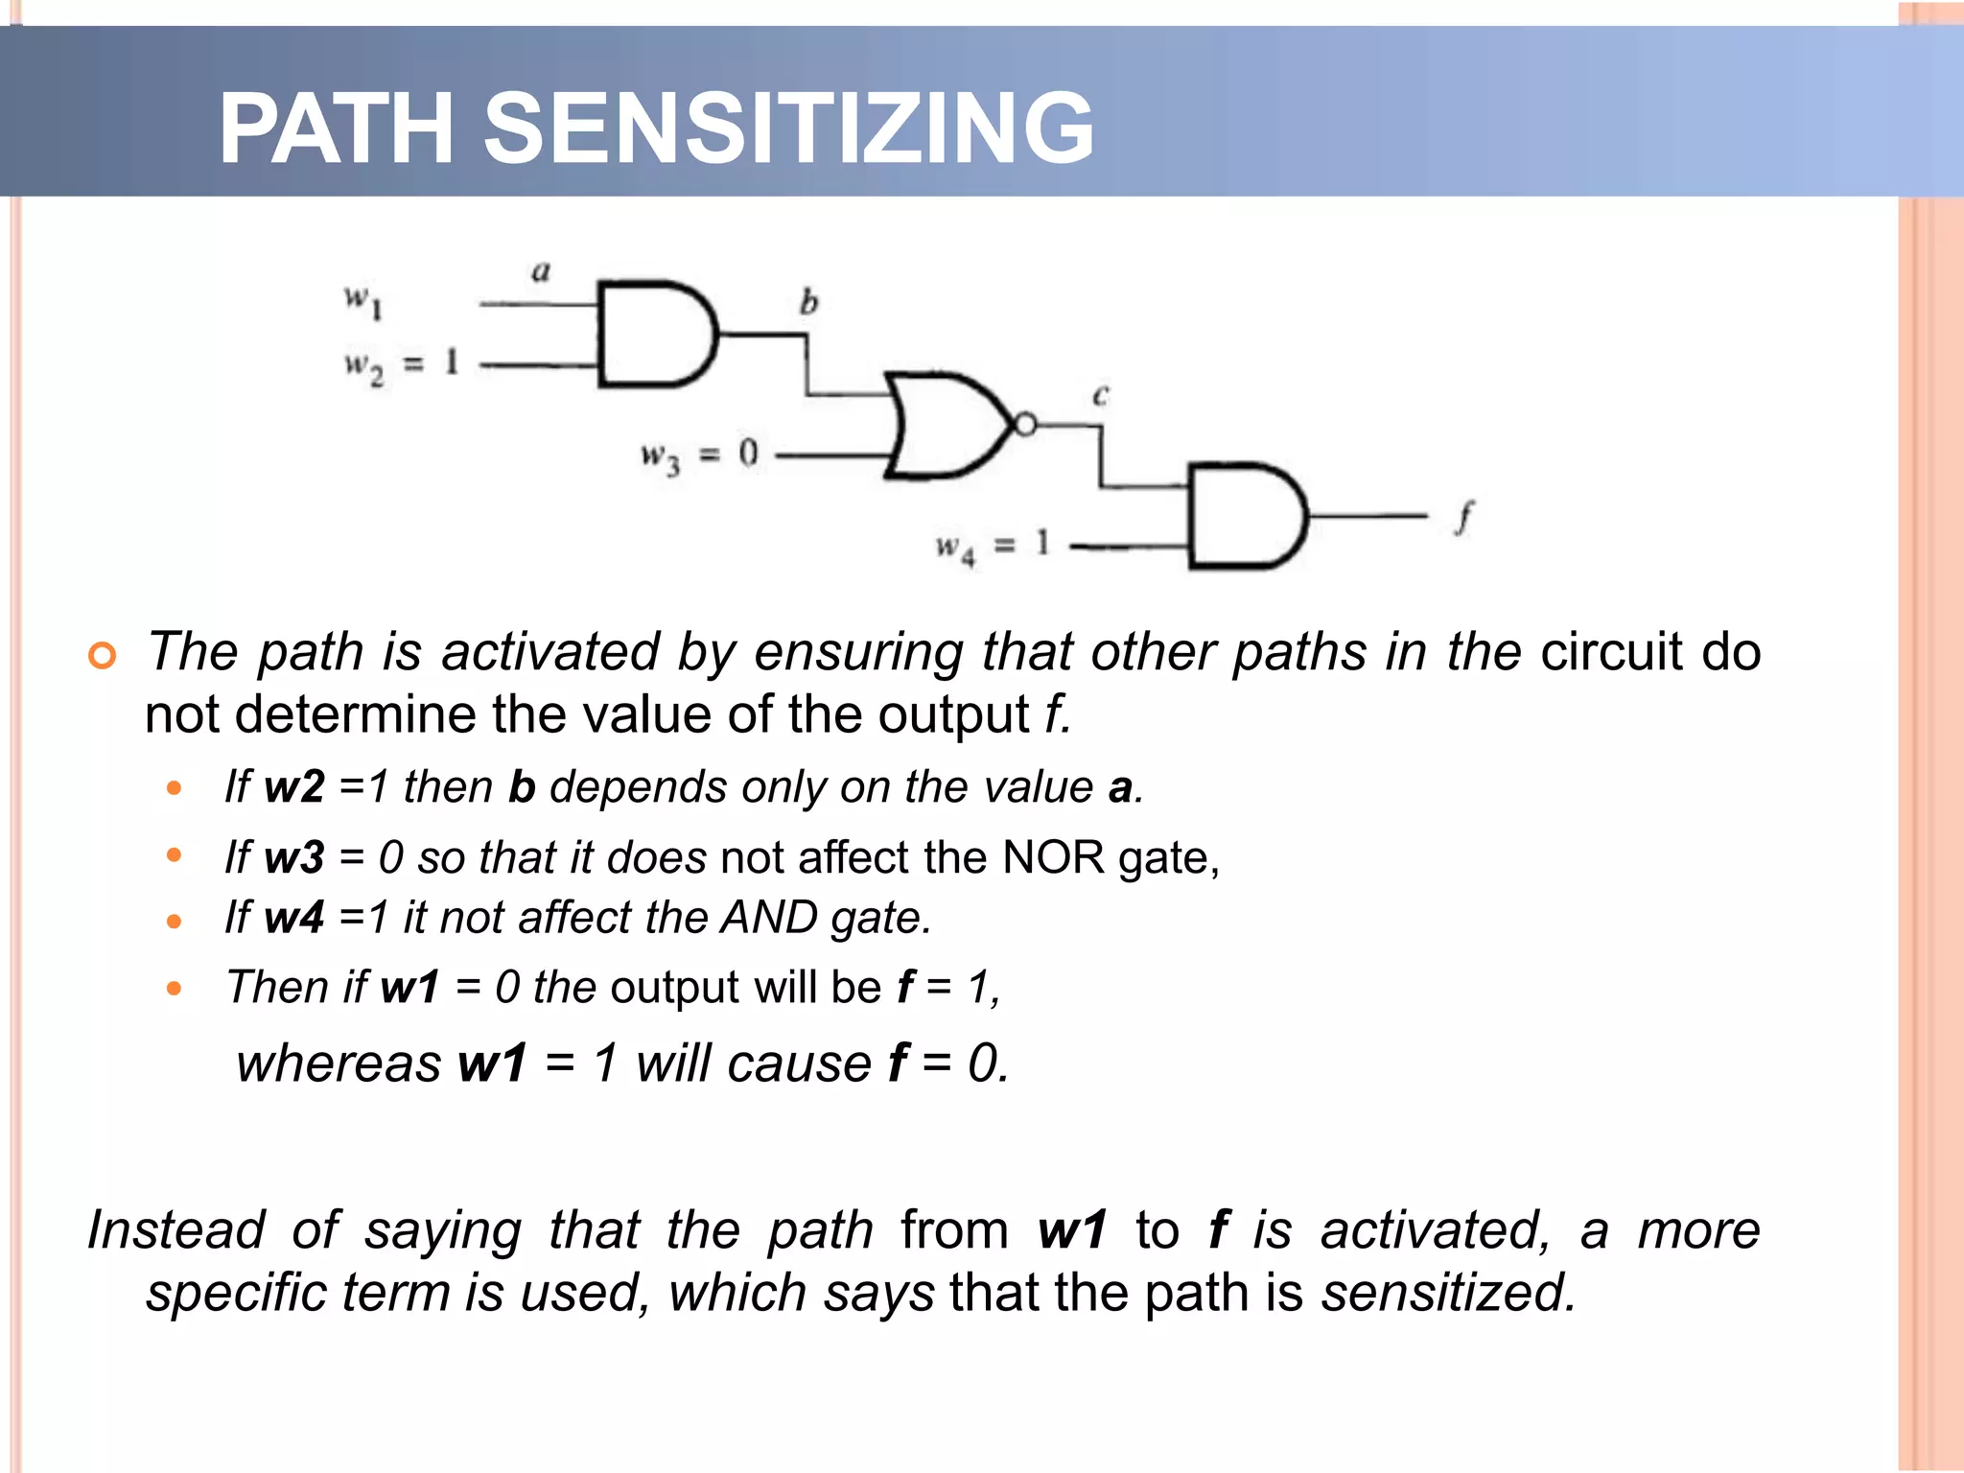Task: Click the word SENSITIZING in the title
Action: click(788, 129)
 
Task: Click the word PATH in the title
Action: click(336, 129)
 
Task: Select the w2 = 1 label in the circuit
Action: click(402, 365)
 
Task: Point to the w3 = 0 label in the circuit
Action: click(699, 455)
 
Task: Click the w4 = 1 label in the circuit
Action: click(993, 547)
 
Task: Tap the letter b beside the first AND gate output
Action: click(808, 302)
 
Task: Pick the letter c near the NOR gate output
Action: click(1100, 394)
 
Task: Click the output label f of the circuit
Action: click(1463, 518)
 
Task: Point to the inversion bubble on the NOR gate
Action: click(1025, 424)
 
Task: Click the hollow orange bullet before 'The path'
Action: click(102, 656)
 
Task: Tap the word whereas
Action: click(339, 1064)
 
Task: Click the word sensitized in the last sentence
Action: click(1448, 1293)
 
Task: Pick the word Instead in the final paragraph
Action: click(176, 1229)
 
